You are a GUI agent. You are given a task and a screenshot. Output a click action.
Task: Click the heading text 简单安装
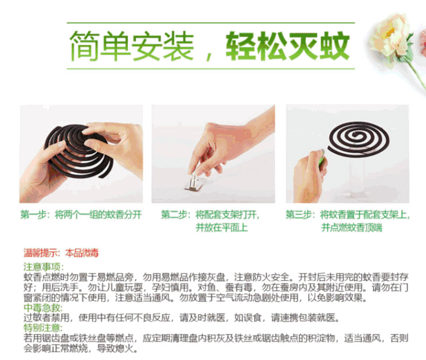point(132,46)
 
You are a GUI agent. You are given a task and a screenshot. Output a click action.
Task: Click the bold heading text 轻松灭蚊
point(287,46)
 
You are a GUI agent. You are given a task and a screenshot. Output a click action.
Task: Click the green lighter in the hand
point(322,159)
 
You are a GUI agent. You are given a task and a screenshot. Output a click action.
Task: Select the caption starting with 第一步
point(81,214)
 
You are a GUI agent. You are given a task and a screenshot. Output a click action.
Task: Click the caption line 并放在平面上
point(222,227)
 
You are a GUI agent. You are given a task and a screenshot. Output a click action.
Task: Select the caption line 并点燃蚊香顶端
point(352,227)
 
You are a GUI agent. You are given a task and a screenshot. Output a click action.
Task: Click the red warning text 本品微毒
point(82,253)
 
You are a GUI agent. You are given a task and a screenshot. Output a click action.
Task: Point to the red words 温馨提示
point(41,253)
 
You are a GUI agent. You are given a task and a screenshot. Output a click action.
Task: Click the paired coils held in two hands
point(78,151)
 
